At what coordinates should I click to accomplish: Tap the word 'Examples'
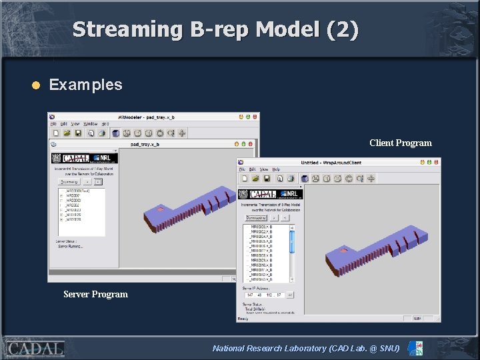pos(85,85)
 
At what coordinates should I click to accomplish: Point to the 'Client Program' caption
pos(400,143)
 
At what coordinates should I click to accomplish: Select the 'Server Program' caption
pos(95,294)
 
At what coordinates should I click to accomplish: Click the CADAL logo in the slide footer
pos(35,348)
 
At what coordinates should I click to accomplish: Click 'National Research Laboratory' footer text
pos(269,348)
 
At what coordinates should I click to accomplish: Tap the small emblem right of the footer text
pos(415,348)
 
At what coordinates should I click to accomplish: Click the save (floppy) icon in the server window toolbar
pos(77,133)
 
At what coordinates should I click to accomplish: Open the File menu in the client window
pos(243,169)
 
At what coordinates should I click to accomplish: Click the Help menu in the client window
pos(275,169)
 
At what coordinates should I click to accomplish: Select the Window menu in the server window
pos(90,124)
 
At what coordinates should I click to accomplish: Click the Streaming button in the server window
pos(69,181)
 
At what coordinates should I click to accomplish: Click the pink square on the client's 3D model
pos(343,251)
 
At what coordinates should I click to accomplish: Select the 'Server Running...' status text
pos(70,246)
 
